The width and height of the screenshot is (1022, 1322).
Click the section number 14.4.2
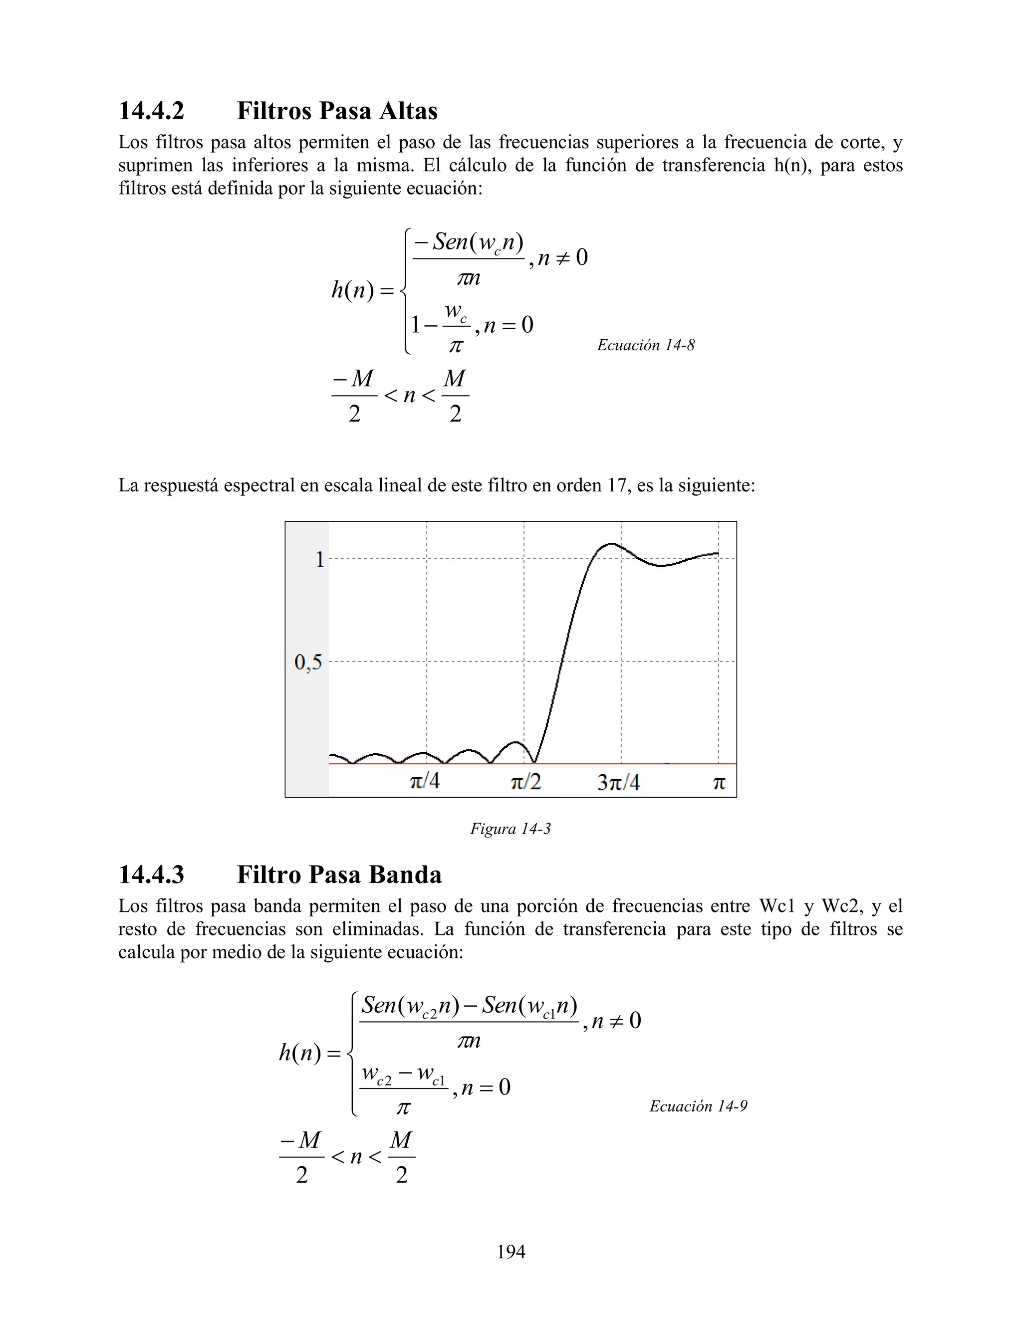click(151, 111)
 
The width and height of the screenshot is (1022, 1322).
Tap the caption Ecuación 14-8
click(645, 345)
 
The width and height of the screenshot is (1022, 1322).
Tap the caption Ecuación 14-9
click(698, 1106)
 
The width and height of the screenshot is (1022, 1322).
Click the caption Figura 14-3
click(511, 829)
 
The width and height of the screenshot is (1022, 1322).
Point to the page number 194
click(511, 1252)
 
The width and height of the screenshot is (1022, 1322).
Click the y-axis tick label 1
click(320, 559)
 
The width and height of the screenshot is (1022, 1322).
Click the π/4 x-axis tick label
click(425, 781)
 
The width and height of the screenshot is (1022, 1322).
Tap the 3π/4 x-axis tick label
click(619, 783)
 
